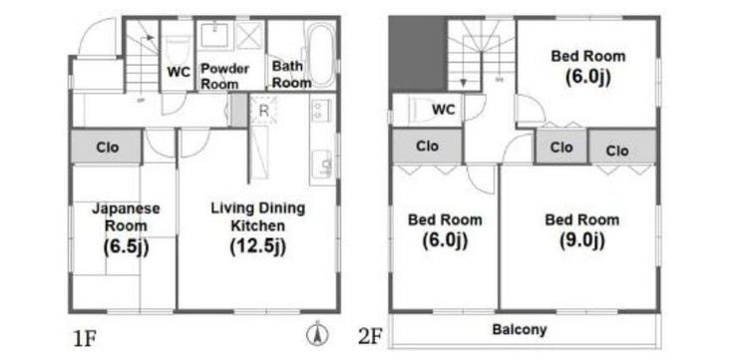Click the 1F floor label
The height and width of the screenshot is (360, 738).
pyautogui.click(x=84, y=339)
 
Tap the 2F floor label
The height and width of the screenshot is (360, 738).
pyautogui.click(x=370, y=337)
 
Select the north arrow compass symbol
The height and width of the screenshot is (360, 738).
pyautogui.click(x=318, y=335)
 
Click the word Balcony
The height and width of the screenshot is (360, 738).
pyautogui.click(x=520, y=329)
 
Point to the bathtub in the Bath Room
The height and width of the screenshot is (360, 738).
pyautogui.click(x=321, y=55)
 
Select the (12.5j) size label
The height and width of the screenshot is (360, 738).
pyautogui.click(x=257, y=245)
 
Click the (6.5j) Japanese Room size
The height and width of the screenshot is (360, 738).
pyautogui.click(x=126, y=246)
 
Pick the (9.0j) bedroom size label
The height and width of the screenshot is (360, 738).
pyautogui.click(x=581, y=241)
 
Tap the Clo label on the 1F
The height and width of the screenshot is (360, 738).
pyautogui.click(x=108, y=148)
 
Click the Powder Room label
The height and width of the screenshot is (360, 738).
pyautogui.click(x=224, y=76)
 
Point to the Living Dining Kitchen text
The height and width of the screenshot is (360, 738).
pyautogui.click(x=258, y=216)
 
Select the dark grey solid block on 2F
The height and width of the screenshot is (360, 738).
pyautogui.click(x=418, y=54)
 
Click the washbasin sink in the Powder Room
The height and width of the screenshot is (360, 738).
pyautogui.click(x=214, y=35)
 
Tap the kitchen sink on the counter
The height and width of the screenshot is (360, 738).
pyautogui.click(x=322, y=163)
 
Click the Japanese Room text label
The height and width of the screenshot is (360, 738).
pyautogui.click(x=126, y=216)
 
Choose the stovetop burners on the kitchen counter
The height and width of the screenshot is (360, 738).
pyautogui.click(x=320, y=111)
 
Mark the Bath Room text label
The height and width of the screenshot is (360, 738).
pyautogui.click(x=291, y=74)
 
